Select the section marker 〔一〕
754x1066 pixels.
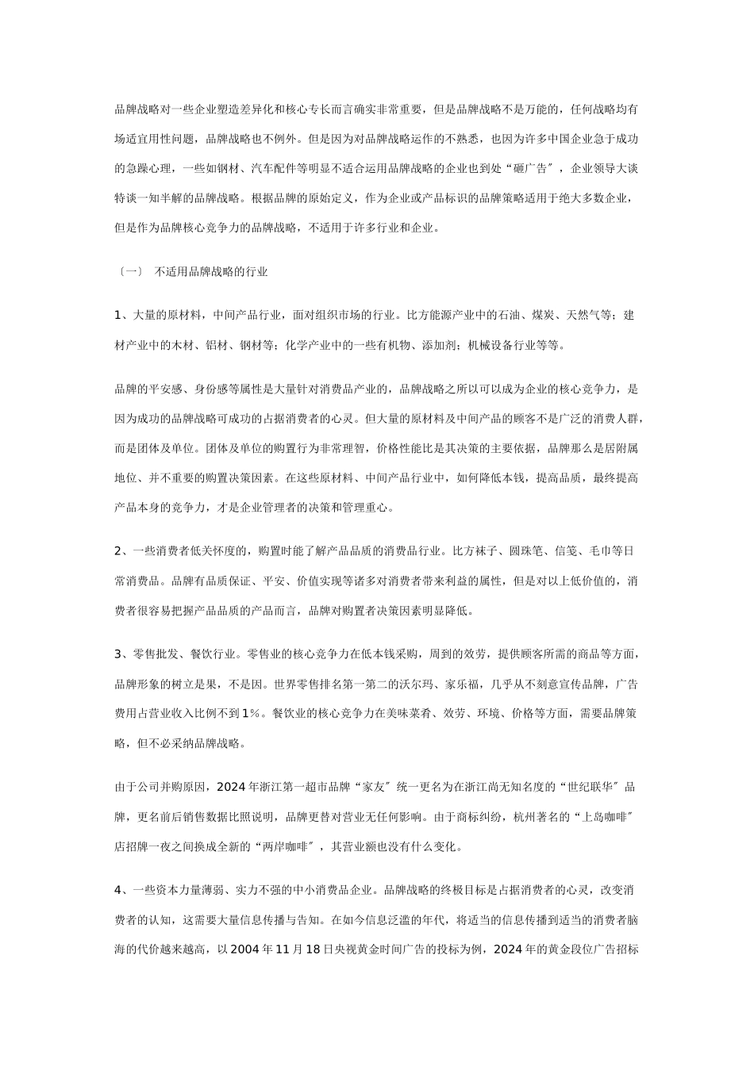click(129, 272)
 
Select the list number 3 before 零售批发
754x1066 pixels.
click(117, 654)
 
